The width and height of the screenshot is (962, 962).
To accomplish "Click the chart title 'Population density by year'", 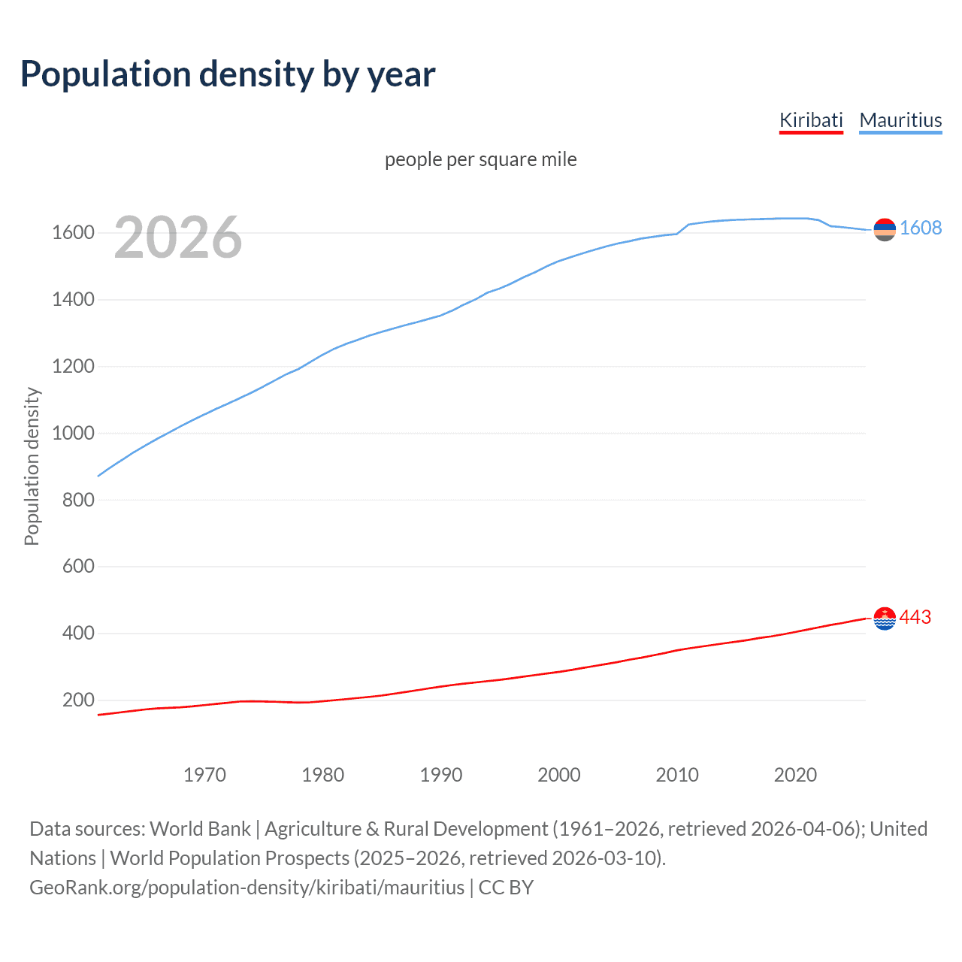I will pyautogui.click(x=228, y=74).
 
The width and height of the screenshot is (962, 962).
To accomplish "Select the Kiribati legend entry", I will pyautogui.click(x=811, y=120).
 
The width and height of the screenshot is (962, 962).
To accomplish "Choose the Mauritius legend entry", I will pyautogui.click(x=900, y=120).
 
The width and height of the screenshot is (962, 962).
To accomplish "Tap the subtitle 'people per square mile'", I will pyautogui.click(x=481, y=159).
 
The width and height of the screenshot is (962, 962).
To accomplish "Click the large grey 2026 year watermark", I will pyautogui.click(x=178, y=237).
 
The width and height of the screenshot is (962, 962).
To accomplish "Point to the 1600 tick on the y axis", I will pyautogui.click(x=73, y=233).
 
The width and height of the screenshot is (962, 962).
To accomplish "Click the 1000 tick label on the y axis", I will pyautogui.click(x=73, y=434).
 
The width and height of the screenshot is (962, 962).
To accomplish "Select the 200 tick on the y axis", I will pyautogui.click(x=78, y=700).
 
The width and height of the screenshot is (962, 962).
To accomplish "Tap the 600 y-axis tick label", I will pyautogui.click(x=78, y=567).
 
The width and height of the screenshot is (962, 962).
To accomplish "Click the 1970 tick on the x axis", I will pyautogui.click(x=204, y=775).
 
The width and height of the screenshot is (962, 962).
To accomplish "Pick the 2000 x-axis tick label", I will pyautogui.click(x=559, y=775).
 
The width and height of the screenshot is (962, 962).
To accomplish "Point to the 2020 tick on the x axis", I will pyautogui.click(x=795, y=775).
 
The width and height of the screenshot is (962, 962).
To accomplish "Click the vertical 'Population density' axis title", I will pyautogui.click(x=32, y=466).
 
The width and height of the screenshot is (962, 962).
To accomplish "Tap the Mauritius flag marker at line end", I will pyautogui.click(x=885, y=229).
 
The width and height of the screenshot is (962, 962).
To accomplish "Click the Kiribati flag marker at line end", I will pyautogui.click(x=885, y=619).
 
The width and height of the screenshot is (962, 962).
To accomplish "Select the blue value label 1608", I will pyautogui.click(x=921, y=228).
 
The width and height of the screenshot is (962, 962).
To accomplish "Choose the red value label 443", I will pyautogui.click(x=915, y=617).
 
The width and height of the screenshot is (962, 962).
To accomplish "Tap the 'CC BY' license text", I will pyautogui.click(x=506, y=888).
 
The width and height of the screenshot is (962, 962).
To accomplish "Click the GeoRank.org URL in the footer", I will pyautogui.click(x=247, y=888).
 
